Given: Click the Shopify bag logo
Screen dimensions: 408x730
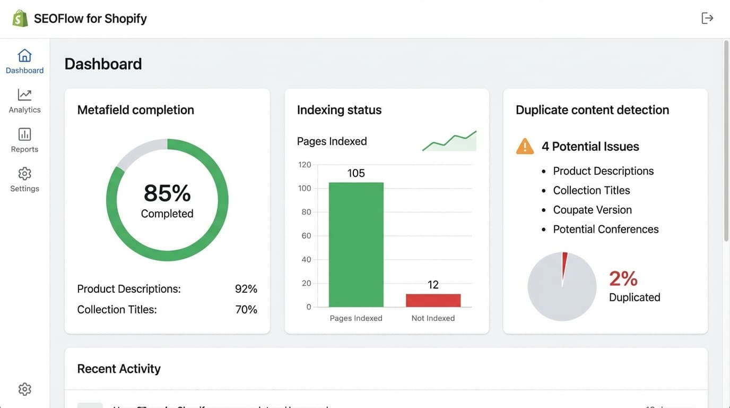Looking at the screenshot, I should click(x=20, y=19).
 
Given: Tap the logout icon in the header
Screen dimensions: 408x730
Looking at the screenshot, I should click(x=707, y=18).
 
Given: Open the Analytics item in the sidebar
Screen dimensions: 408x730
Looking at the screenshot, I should click(x=24, y=101).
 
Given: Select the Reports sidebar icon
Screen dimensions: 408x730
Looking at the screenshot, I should click(x=24, y=134).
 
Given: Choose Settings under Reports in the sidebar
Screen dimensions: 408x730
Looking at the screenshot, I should click(x=24, y=180).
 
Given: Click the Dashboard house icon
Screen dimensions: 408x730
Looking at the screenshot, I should click(x=24, y=56).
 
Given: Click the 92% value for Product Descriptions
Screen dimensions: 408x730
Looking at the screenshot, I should click(x=246, y=289).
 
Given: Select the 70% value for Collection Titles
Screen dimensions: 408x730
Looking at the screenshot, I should click(x=246, y=310).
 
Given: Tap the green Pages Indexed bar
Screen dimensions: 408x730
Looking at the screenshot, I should click(x=356, y=244).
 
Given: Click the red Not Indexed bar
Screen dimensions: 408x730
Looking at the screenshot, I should click(x=433, y=300).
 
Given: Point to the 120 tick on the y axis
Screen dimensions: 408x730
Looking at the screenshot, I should click(x=305, y=165).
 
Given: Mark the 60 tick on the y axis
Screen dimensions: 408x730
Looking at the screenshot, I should click(x=306, y=236).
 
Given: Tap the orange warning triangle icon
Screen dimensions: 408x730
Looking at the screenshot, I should click(x=525, y=146).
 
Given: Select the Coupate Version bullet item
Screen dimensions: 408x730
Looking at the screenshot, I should click(x=592, y=210).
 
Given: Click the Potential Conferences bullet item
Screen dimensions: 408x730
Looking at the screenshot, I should click(x=605, y=229).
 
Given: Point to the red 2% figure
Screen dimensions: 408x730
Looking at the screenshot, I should click(x=623, y=278).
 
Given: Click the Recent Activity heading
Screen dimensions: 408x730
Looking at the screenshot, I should click(x=119, y=369).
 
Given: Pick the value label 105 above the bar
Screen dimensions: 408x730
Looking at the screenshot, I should click(x=356, y=173).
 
